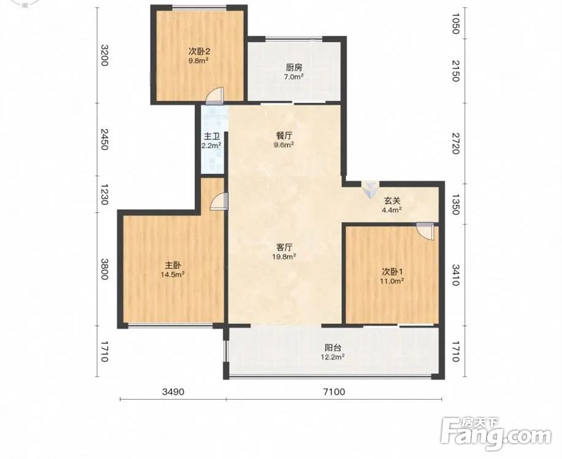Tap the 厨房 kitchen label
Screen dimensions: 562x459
click(x=294, y=67)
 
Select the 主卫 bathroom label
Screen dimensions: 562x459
click(x=211, y=136)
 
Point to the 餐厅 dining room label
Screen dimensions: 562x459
click(x=284, y=136)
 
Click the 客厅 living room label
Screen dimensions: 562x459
click(x=284, y=247)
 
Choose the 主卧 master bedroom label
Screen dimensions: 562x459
click(x=172, y=266)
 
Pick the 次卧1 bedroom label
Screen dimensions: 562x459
click(x=392, y=271)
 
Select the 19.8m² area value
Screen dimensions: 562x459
click(x=284, y=256)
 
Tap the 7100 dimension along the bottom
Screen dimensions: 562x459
click(x=334, y=392)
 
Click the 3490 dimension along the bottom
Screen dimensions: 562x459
click(x=173, y=392)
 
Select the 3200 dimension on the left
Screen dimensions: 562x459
click(x=104, y=55)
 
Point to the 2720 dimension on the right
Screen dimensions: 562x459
click(x=455, y=144)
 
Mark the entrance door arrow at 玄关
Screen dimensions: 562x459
click(x=370, y=189)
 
